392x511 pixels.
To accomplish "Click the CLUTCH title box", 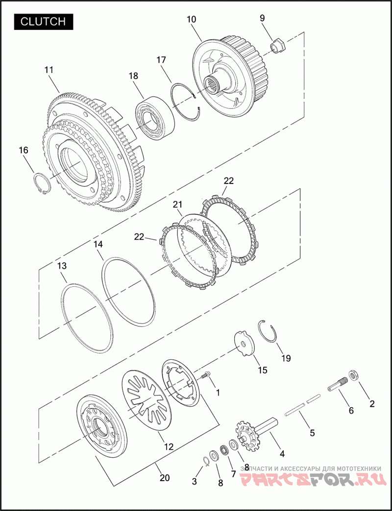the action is (x=44, y=22).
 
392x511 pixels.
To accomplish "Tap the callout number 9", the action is (x=263, y=18).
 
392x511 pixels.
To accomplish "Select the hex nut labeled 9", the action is (x=279, y=45).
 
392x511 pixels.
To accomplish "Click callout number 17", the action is (x=161, y=60).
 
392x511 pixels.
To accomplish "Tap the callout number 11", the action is (x=49, y=70).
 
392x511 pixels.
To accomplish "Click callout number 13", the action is (x=62, y=266).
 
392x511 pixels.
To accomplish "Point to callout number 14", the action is (x=98, y=244).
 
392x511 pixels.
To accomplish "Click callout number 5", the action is (x=312, y=433).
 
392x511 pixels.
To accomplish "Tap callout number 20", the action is (x=165, y=478).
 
